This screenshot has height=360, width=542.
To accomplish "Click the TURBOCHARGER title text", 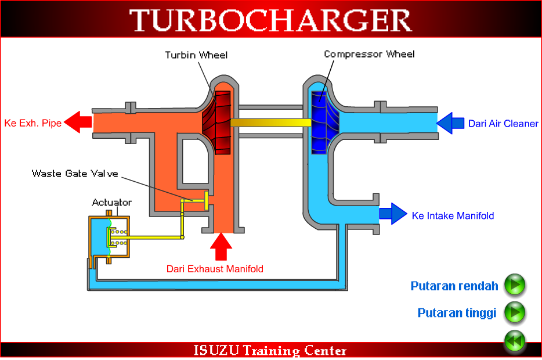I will coord(270,20).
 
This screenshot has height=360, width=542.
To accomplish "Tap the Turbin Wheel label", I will coord(196,55).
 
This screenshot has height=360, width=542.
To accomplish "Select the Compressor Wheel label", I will coord(370,54).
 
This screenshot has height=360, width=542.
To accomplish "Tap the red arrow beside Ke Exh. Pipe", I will coord(78,123).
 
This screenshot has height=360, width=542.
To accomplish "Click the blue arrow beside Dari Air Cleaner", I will coord(451,123).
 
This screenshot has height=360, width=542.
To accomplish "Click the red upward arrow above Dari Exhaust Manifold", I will coord(221,246).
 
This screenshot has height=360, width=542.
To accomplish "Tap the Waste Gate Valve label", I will coord(75,173).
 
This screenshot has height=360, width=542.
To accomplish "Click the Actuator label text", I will coord(111,203).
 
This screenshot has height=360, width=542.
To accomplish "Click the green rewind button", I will coord(514,341).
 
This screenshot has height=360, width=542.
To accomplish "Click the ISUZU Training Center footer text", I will coord(270,351).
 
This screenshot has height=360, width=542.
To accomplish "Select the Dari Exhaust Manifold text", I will coord(215,269).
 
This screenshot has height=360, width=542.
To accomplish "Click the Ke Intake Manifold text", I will coord(453,215).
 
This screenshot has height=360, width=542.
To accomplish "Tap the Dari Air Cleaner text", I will coord(503,123).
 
